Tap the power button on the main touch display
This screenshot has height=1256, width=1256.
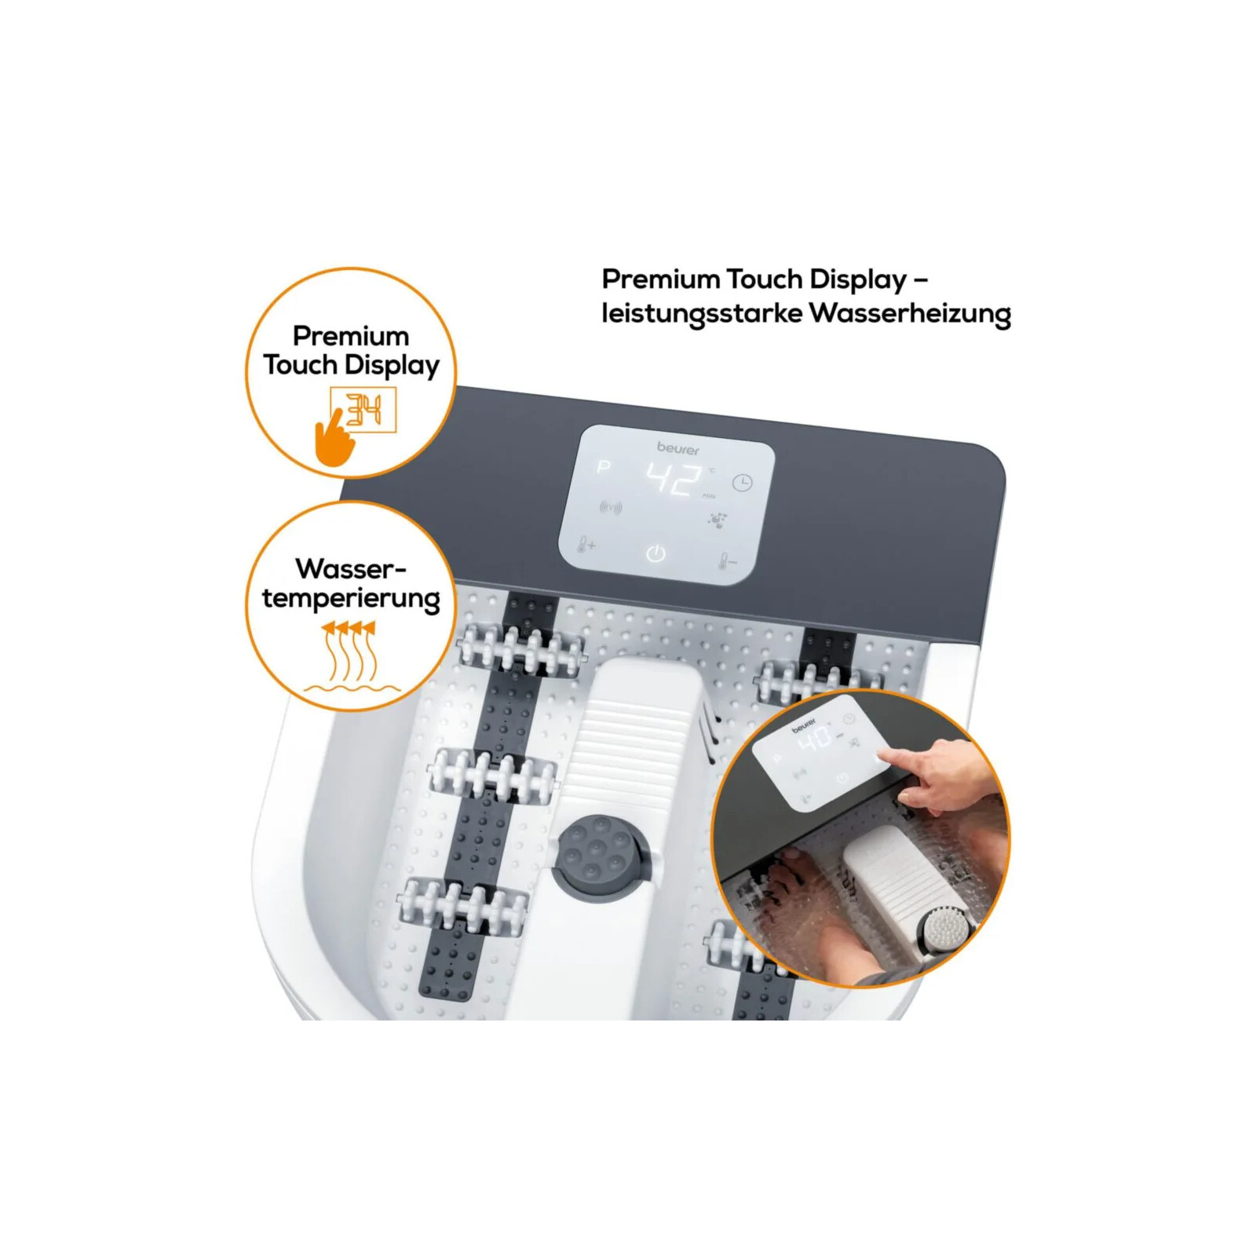click(655, 554)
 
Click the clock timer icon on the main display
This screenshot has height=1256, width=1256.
click(742, 483)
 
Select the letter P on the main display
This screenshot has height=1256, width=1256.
click(603, 467)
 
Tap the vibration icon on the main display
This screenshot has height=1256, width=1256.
click(610, 508)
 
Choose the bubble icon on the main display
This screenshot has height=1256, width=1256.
click(717, 520)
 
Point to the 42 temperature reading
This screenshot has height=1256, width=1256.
click(674, 479)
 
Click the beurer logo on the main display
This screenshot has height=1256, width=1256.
click(677, 448)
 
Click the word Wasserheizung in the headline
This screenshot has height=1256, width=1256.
click(910, 313)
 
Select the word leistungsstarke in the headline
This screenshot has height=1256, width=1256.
click(702, 314)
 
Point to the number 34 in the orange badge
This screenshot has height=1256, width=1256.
click(364, 410)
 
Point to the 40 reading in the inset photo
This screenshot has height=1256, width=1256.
click(816, 738)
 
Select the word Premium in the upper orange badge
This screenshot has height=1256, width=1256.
click(351, 336)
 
